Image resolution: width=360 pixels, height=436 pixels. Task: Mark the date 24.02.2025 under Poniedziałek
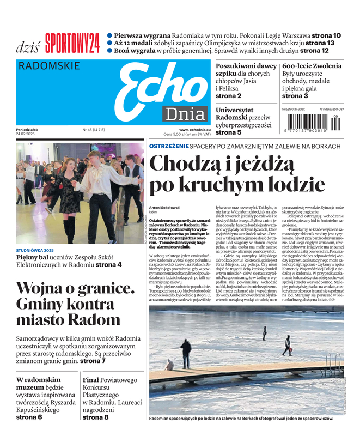coord(26,134)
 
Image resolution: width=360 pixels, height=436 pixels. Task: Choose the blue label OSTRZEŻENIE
coord(169,146)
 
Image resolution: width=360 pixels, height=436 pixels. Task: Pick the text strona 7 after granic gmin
coord(93,361)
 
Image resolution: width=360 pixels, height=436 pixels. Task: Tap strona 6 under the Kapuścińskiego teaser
coord(29,417)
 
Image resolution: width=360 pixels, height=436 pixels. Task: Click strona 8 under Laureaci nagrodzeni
coord(95,417)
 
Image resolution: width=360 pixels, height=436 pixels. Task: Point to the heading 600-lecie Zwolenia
coord(312,66)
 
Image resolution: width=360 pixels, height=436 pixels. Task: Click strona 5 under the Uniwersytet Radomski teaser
coord(228,132)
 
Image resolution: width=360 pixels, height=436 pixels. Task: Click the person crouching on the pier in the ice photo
coord(169,365)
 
